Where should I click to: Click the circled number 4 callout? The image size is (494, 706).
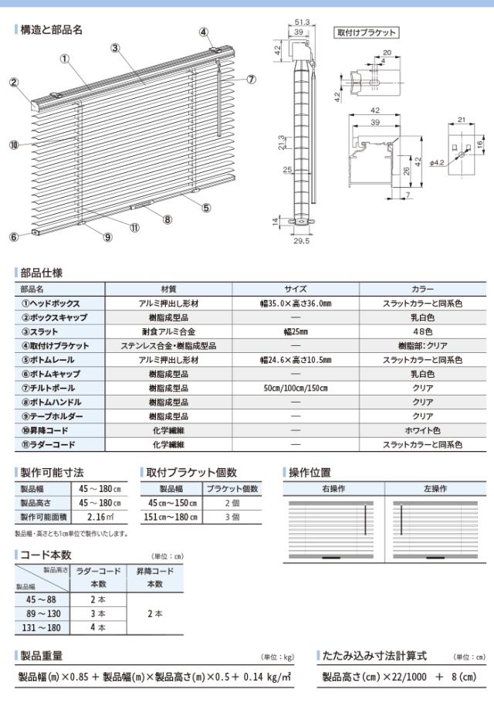(x=204, y=32)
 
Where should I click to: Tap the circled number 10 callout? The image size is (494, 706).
(x=14, y=144)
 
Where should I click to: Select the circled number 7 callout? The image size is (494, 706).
(x=252, y=80)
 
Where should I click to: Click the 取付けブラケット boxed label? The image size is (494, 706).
(x=367, y=32)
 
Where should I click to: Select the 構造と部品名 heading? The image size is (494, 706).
(x=51, y=29)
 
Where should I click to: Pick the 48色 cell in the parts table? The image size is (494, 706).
(x=422, y=331)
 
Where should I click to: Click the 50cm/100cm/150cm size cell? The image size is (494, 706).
(x=295, y=388)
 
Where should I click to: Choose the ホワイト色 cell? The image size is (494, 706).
(x=422, y=430)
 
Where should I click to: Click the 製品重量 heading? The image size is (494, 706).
(x=46, y=655)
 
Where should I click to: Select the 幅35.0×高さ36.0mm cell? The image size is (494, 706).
(x=295, y=304)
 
